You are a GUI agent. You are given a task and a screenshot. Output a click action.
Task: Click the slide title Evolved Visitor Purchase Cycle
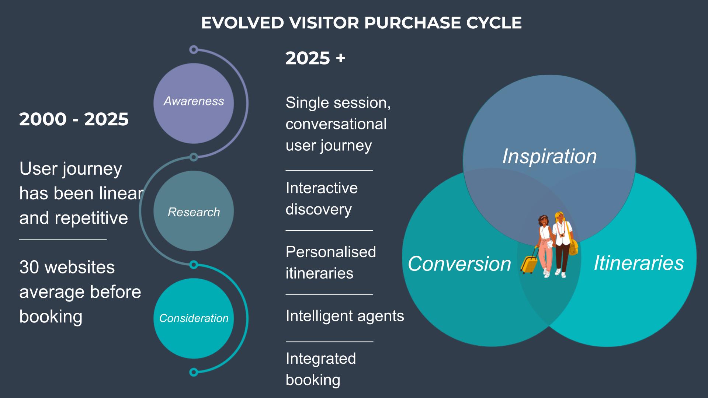click(x=361, y=23)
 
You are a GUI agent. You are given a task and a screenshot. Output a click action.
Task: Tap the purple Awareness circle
click(x=194, y=104)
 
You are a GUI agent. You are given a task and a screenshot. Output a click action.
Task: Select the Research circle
click(x=194, y=211)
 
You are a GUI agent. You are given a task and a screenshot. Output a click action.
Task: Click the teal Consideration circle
click(x=194, y=318)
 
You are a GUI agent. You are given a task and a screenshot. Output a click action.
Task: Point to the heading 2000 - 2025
click(x=74, y=119)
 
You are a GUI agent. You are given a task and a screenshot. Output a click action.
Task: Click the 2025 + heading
click(x=315, y=58)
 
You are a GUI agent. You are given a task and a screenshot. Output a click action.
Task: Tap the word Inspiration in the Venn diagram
click(x=549, y=156)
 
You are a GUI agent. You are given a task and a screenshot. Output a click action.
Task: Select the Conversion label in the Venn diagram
click(x=459, y=263)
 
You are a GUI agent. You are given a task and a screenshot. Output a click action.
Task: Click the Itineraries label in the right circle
click(x=639, y=263)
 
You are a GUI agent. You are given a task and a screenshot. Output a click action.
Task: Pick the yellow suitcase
click(x=529, y=261)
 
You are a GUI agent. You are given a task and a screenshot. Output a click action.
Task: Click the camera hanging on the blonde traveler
click(x=562, y=235)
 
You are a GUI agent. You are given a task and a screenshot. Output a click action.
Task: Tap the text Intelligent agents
click(x=345, y=316)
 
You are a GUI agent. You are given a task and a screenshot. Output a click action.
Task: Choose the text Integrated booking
click(x=321, y=369)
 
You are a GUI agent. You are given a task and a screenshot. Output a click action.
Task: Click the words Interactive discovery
click(x=322, y=198)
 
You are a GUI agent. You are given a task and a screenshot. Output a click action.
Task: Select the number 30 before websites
click(x=29, y=267)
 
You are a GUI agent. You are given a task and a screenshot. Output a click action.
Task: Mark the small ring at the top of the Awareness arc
click(x=194, y=50)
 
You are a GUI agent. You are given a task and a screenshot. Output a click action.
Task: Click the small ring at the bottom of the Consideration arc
click(x=194, y=372)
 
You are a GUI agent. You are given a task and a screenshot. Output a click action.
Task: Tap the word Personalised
click(x=331, y=252)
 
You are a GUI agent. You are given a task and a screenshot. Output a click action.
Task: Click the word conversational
click(x=336, y=124)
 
